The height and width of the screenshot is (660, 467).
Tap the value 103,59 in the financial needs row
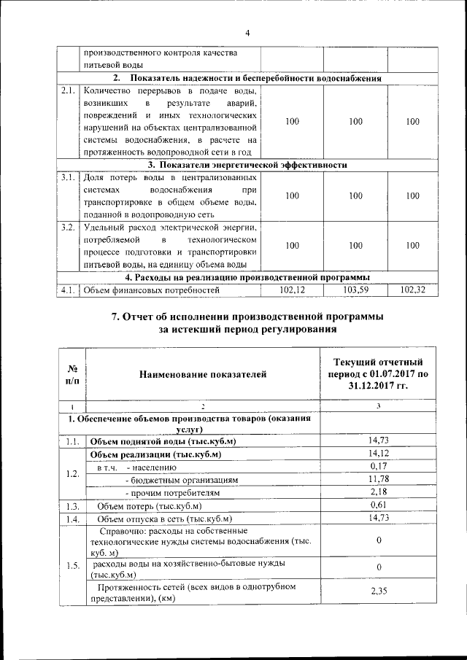click(x=355, y=290)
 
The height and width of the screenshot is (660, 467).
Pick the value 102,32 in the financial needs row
click(x=413, y=290)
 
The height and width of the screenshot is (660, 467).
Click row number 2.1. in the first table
click(x=68, y=92)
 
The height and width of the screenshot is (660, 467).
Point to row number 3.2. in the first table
click(x=68, y=228)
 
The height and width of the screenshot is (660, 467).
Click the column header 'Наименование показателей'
click(x=203, y=374)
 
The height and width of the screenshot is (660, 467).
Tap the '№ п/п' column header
click(x=72, y=374)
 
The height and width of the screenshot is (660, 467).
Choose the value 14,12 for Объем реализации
click(x=377, y=454)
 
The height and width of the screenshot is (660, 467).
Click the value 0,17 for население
click(x=377, y=466)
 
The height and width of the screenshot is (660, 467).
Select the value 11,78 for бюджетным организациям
click(x=377, y=478)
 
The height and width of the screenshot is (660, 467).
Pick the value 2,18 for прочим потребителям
click(x=377, y=492)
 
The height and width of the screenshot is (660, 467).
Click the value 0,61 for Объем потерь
click(x=377, y=505)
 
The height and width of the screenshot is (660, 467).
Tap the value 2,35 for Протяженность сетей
click(x=377, y=591)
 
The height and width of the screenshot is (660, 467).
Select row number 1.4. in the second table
click(x=72, y=519)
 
